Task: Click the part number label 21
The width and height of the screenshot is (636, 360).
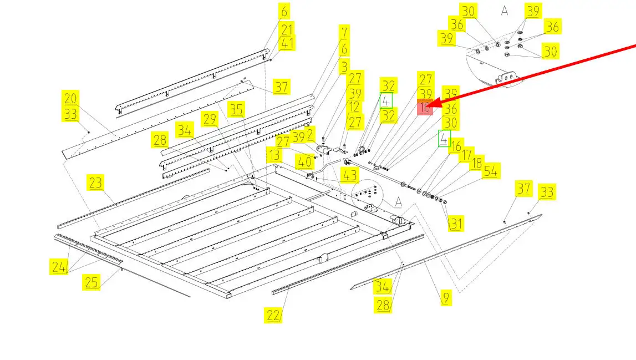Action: point(287,29)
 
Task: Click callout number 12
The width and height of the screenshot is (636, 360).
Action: point(355,107)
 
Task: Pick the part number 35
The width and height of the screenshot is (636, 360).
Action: point(236,109)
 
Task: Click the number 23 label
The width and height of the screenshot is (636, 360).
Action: point(95,182)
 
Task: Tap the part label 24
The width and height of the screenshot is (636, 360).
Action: point(59,267)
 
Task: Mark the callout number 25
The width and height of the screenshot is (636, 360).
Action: point(91,282)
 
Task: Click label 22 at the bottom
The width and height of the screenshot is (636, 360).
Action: point(273,315)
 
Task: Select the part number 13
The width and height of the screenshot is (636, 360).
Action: point(274,155)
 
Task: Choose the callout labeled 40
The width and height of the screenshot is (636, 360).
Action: point(303,161)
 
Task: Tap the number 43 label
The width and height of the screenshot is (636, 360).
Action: point(350,176)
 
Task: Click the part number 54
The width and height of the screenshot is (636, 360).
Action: point(490,171)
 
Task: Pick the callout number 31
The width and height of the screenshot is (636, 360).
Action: point(456,224)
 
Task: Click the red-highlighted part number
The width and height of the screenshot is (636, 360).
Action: point(425,107)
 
